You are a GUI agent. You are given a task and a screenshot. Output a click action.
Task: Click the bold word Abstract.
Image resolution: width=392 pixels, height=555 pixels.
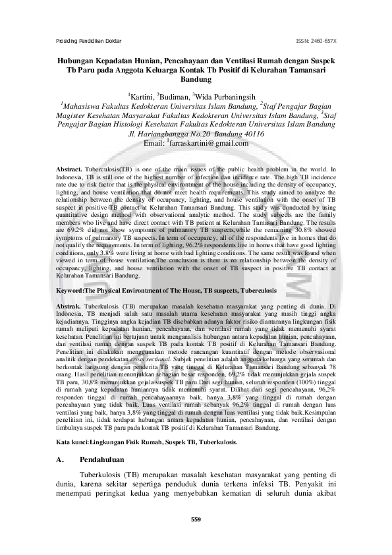69,169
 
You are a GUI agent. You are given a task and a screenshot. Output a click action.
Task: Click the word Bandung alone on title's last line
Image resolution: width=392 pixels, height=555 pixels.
196,80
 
